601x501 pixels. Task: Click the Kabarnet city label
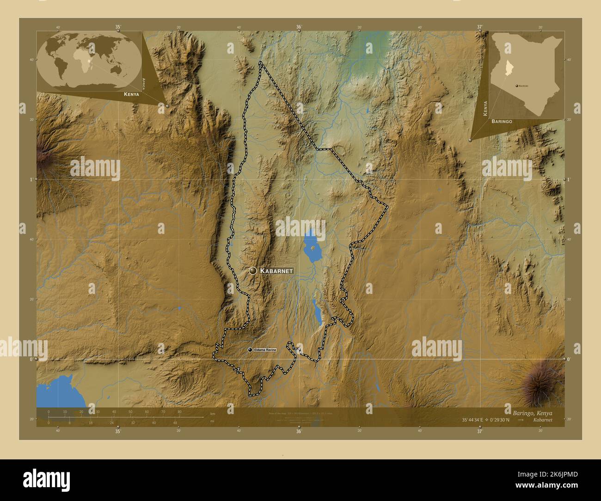(276, 271)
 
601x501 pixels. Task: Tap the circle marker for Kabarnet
(252, 271)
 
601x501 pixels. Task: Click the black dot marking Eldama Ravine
(250, 351)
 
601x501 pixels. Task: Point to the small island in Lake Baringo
(313, 248)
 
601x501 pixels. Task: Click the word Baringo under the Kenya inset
(502, 121)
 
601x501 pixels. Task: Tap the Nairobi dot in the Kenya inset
(516, 86)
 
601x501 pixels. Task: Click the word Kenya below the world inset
(131, 94)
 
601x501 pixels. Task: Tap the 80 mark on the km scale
(179, 411)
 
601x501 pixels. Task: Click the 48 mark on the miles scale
(175, 422)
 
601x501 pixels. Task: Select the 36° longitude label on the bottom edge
(299, 432)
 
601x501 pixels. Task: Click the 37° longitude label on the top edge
(480, 27)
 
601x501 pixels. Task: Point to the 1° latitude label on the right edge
(569, 179)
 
